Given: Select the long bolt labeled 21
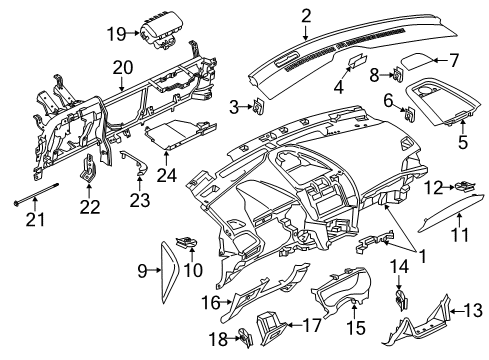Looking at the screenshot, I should [x=42, y=194].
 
